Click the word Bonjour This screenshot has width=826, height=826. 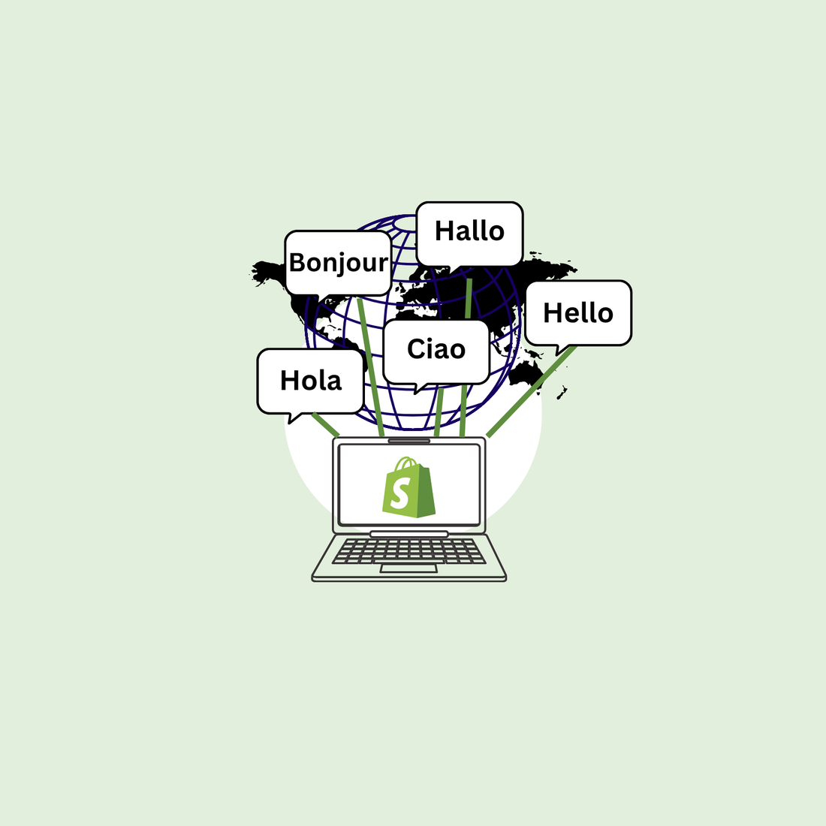[339, 263]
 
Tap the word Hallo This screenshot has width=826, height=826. [469, 231]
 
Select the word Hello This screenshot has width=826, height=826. [578, 313]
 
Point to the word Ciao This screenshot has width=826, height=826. [436, 349]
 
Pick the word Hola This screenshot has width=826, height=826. [311, 381]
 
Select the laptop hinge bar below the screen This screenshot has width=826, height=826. [409, 534]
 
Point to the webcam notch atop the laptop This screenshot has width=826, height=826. [409, 441]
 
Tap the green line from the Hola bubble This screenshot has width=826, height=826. [326, 424]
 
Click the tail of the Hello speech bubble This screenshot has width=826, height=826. [559, 349]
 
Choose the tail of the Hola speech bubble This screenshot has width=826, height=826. [294, 418]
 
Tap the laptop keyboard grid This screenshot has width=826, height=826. [409, 550]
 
